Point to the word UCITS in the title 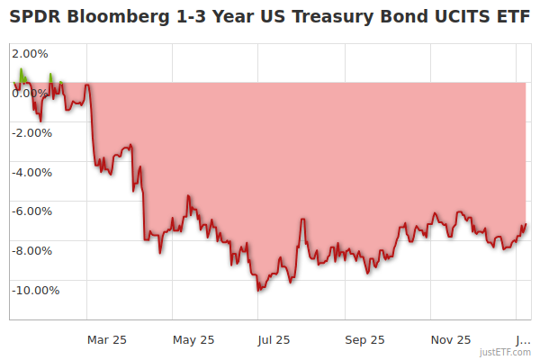click(454, 16)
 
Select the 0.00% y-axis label click(31, 93)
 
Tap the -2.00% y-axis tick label click(31, 132)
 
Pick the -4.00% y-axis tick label click(31, 172)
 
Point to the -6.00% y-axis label click(31, 211)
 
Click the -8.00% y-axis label click(31, 250)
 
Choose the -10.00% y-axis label click(35, 290)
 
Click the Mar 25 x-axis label click(107, 339)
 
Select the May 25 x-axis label click(193, 339)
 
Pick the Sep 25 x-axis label click(364, 339)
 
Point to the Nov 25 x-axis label click(451, 339)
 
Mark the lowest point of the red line click(258, 291)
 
